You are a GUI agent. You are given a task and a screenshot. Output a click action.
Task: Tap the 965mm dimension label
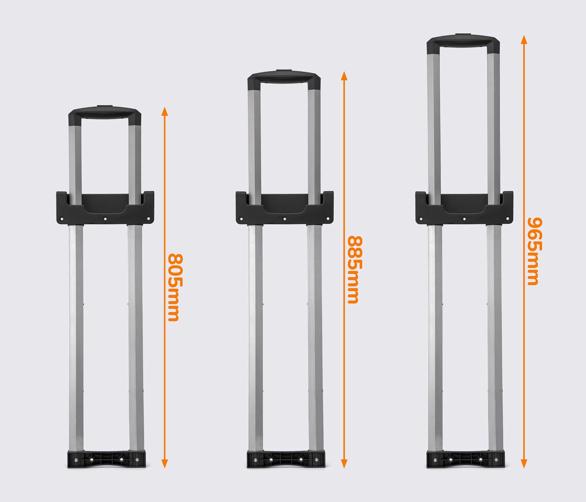[535, 251]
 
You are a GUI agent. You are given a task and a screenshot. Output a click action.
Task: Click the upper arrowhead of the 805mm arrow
[165, 112]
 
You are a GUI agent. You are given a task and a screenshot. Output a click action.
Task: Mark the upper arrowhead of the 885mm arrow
[344, 76]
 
